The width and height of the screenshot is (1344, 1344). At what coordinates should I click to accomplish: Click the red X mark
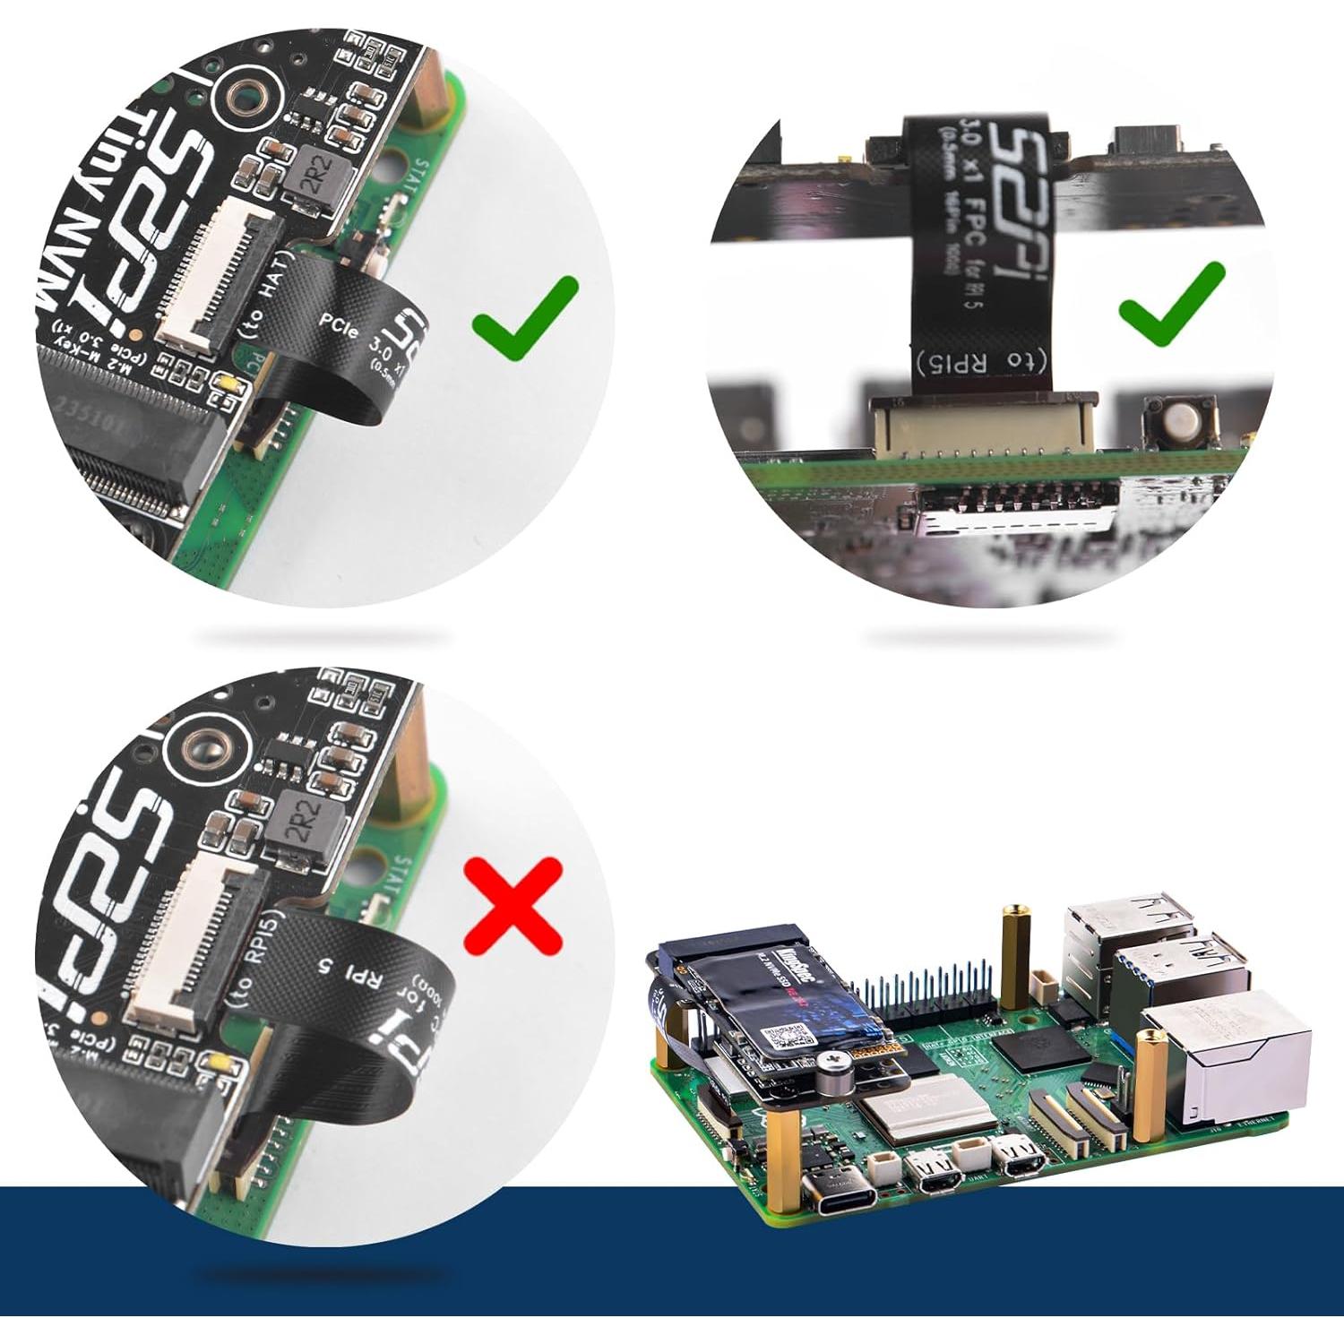pyautogui.click(x=513, y=906)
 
